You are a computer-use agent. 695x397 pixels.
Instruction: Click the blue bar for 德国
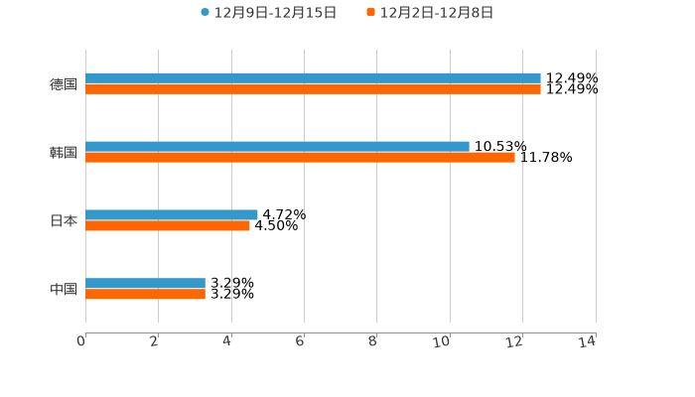coord(313,77)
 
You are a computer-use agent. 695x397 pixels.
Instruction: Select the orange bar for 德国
coord(313,88)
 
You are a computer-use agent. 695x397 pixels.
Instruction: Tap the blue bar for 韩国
coord(277,146)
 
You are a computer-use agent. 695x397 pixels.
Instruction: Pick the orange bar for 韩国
coord(300,157)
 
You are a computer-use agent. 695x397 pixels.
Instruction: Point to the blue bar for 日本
coord(172,214)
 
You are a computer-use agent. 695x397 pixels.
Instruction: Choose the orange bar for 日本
coord(168,225)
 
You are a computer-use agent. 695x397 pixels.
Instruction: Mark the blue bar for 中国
coord(145,283)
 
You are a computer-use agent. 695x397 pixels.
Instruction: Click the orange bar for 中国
coord(145,294)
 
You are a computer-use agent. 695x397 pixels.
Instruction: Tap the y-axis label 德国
coord(64,83)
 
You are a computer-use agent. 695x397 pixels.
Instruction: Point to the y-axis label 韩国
coord(64,152)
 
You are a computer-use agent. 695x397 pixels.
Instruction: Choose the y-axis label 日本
coord(64,220)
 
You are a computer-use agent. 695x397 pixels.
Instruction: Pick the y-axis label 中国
coord(64,289)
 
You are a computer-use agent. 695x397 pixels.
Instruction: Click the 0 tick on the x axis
coord(81,341)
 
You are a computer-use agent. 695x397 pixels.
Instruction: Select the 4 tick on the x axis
coord(227,341)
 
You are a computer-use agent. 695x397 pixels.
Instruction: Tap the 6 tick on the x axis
coord(300,341)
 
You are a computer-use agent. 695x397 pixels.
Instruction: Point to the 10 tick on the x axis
coord(443,341)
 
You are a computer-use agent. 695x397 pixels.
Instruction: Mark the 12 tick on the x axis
coord(515,341)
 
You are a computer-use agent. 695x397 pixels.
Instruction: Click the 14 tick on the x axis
coord(588,341)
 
